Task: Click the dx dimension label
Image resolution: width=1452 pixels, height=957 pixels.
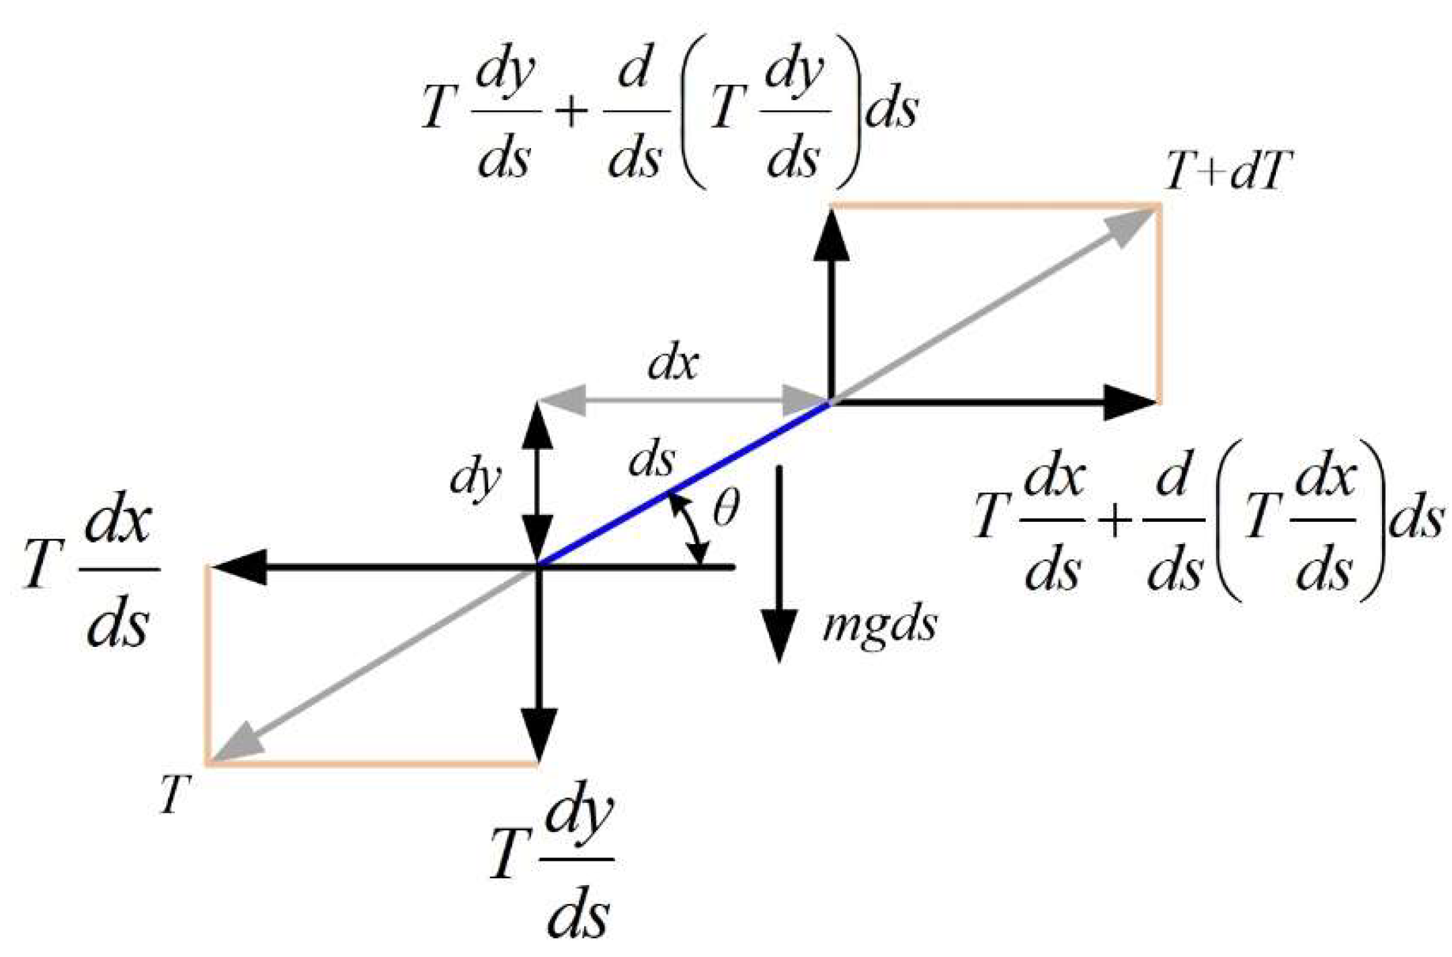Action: click(x=673, y=365)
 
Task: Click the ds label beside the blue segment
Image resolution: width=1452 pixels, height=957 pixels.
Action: click(x=651, y=460)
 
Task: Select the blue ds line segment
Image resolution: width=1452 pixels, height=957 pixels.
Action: click(x=684, y=485)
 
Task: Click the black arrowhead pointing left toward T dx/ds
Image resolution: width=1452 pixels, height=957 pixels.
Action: click(x=239, y=567)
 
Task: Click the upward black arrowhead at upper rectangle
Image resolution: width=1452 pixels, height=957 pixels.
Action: click(x=832, y=235)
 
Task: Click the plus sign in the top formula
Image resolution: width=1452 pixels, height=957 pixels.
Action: click(x=571, y=112)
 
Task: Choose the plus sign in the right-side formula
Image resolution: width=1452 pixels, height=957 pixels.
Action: click(x=1114, y=521)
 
